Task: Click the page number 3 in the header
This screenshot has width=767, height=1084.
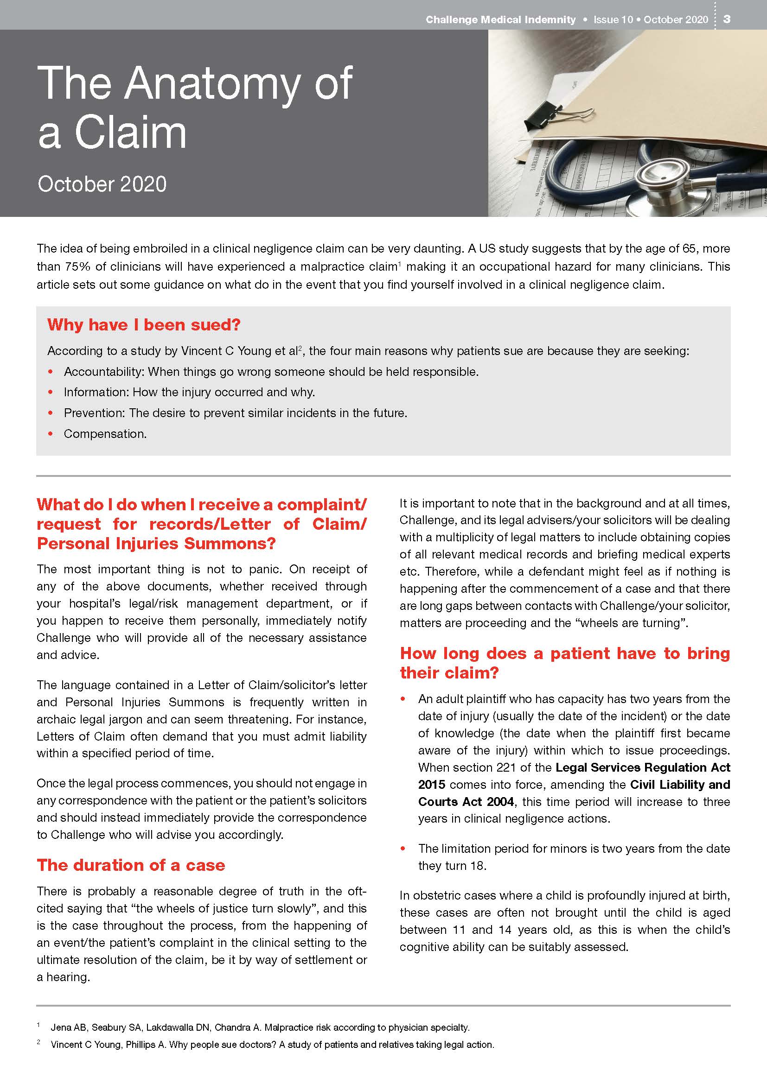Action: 727,19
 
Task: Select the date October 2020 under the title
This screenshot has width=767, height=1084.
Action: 102,184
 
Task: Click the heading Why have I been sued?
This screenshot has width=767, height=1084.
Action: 144,325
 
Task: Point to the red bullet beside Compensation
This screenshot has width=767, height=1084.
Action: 51,434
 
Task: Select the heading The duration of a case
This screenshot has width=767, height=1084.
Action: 131,865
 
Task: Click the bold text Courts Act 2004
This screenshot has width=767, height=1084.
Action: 466,802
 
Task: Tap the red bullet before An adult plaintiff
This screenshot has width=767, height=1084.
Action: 403,699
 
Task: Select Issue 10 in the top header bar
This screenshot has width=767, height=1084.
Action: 613,19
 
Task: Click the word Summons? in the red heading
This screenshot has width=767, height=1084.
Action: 230,544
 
